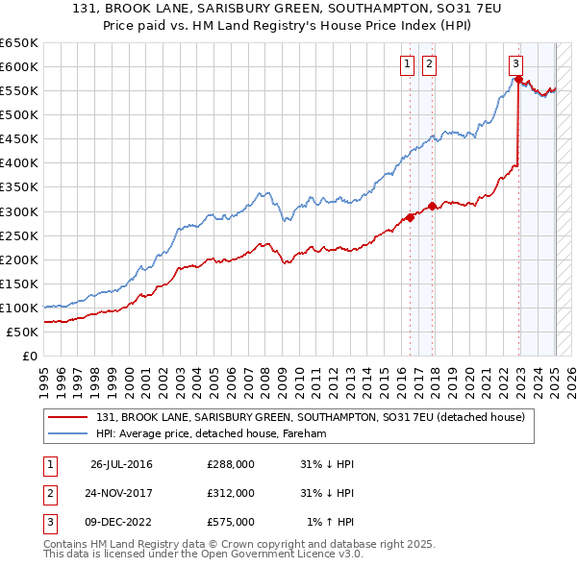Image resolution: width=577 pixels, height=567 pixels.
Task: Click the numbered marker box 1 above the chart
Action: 407,64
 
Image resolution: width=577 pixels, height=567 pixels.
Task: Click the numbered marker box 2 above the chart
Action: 429,64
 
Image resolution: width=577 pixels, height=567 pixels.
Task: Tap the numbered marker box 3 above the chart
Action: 516,64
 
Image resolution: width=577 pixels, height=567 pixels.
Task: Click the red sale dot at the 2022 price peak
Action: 518,79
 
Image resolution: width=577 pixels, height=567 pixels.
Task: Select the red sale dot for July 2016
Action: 411,217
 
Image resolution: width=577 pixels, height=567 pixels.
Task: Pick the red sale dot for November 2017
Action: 433,206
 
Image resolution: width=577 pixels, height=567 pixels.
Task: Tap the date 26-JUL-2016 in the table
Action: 121,464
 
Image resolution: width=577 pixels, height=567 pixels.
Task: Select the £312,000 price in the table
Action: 231,493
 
